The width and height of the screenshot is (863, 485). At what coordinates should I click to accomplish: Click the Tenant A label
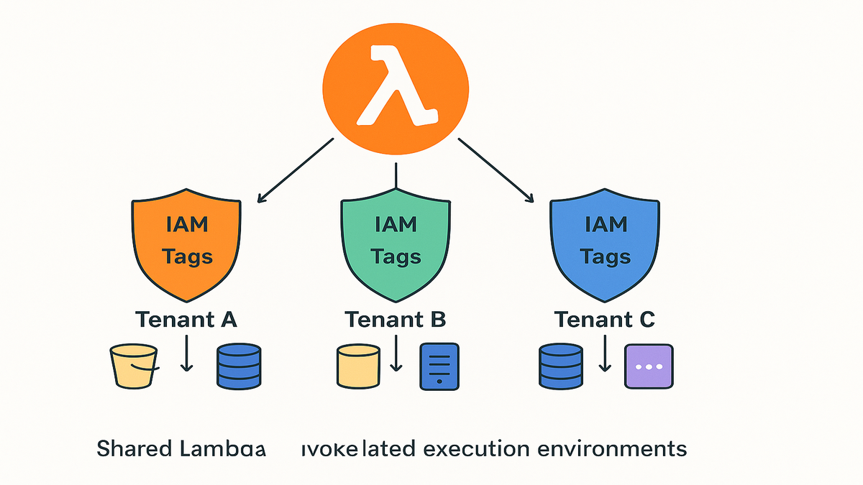click(185, 318)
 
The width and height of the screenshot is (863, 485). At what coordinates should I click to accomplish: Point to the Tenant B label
click(396, 318)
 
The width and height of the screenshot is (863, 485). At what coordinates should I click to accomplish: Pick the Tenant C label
click(604, 318)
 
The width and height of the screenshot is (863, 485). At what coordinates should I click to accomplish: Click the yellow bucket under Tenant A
click(134, 366)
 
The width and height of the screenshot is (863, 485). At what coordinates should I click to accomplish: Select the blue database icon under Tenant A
click(238, 366)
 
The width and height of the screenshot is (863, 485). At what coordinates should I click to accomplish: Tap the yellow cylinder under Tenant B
click(358, 366)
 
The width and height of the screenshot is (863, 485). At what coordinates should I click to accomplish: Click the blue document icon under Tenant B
click(438, 366)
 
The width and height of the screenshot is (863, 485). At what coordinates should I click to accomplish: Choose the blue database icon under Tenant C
click(561, 366)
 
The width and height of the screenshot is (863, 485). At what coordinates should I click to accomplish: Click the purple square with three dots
click(649, 366)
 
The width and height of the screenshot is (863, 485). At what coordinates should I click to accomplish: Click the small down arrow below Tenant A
click(186, 354)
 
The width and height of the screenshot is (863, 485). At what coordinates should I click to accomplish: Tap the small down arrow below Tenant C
click(605, 354)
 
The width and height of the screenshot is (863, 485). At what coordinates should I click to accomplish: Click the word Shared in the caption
click(134, 449)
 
